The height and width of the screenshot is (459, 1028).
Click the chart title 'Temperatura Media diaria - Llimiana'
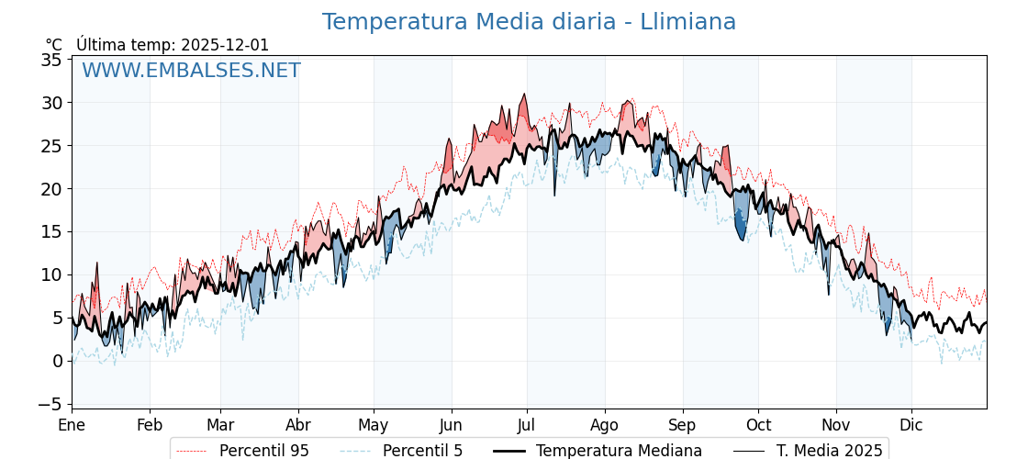[529, 22]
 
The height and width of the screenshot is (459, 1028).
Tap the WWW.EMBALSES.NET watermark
[191, 71]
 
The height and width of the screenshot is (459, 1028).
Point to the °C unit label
[54, 45]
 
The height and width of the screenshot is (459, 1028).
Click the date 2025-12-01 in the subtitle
[225, 45]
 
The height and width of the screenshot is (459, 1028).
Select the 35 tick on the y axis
[51, 60]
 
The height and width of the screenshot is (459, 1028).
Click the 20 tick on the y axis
[51, 189]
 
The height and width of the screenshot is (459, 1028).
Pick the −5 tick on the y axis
[48, 404]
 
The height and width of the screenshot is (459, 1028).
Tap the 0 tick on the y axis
[57, 361]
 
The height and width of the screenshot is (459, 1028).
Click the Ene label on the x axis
[72, 426]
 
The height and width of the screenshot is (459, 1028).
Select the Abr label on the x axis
[298, 426]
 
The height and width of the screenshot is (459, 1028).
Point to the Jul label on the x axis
[527, 426]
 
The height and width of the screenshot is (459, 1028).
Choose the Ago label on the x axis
[605, 426]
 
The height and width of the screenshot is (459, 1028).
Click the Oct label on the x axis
[758, 426]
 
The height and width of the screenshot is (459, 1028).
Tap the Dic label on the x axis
[911, 426]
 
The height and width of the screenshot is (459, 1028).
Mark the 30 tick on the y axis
[51, 103]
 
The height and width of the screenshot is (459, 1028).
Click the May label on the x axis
[374, 426]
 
